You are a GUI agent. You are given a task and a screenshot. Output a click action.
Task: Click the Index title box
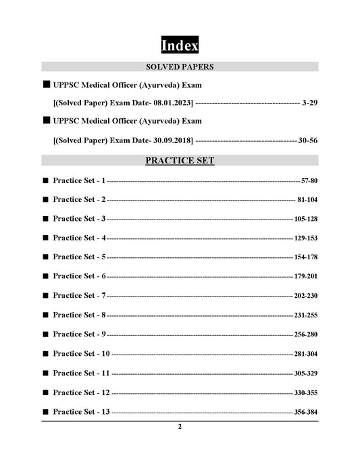(x=180, y=45)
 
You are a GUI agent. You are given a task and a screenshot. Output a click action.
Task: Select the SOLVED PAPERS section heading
(x=180, y=67)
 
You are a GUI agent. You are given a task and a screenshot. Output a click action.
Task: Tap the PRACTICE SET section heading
(x=180, y=161)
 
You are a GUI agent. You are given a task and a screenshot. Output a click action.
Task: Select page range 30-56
(x=308, y=140)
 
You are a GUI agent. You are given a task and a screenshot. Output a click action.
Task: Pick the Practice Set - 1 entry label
(x=80, y=181)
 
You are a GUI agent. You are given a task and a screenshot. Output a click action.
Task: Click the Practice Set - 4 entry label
(x=80, y=238)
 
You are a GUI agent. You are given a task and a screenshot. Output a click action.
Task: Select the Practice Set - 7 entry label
(x=80, y=296)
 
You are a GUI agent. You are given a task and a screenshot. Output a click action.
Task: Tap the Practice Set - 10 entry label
(x=82, y=354)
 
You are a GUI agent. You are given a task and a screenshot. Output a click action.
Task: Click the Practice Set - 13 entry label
(x=82, y=411)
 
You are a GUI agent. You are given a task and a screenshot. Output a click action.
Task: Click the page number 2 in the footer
(x=180, y=427)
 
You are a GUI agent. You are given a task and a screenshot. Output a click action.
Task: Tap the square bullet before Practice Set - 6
(x=45, y=277)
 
